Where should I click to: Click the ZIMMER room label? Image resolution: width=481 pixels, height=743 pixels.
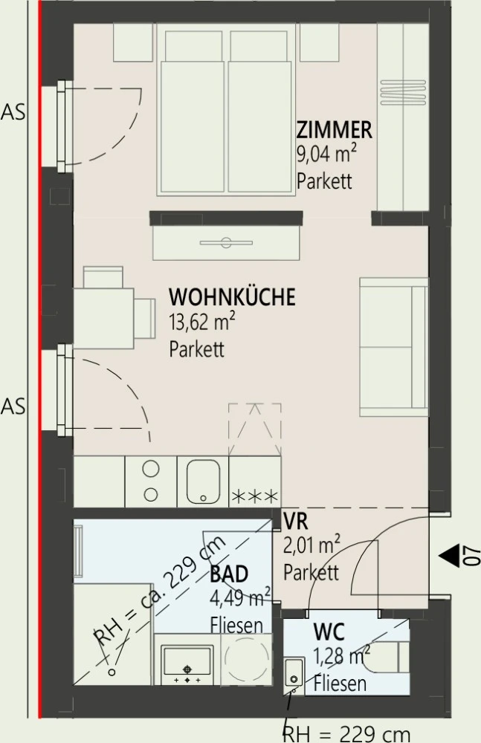tap(334, 131)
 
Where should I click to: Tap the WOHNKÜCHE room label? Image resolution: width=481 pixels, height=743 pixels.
tap(232, 298)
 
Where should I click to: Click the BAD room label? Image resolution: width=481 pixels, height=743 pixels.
tap(229, 574)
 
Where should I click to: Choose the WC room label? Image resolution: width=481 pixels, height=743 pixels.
tap(328, 633)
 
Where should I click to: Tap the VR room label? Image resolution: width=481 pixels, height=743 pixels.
tap(296, 522)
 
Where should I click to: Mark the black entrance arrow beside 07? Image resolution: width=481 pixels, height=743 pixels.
tap(450, 555)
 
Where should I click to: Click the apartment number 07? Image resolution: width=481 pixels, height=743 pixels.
tap(468, 556)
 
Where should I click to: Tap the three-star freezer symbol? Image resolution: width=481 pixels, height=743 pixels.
tap(255, 495)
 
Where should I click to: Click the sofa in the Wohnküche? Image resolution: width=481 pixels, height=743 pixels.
tap(393, 346)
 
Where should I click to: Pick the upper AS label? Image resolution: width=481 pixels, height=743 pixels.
tap(13, 113)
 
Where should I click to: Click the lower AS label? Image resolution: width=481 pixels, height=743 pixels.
tap(13, 406)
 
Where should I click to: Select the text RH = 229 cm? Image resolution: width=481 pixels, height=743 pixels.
tap(346, 733)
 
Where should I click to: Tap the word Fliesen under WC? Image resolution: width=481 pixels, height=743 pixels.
tap(340, 682)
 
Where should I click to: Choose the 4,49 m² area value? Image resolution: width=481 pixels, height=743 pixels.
tap(239, 599)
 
